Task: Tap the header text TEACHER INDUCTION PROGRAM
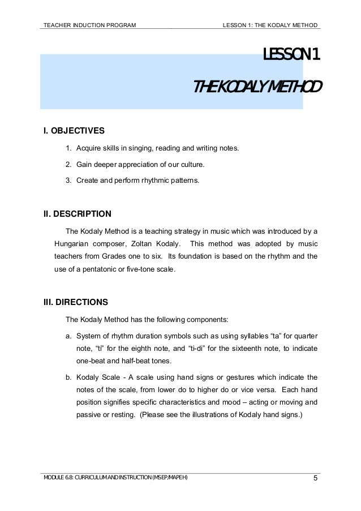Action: (x=89, y=25)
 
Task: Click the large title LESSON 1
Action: (x=292, y=55)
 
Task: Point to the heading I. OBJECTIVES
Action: (x=74, y=131)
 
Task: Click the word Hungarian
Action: (x=72, y=244)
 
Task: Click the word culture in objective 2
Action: (x=191, y=165)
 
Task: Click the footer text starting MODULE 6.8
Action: (x=115, y=479)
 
